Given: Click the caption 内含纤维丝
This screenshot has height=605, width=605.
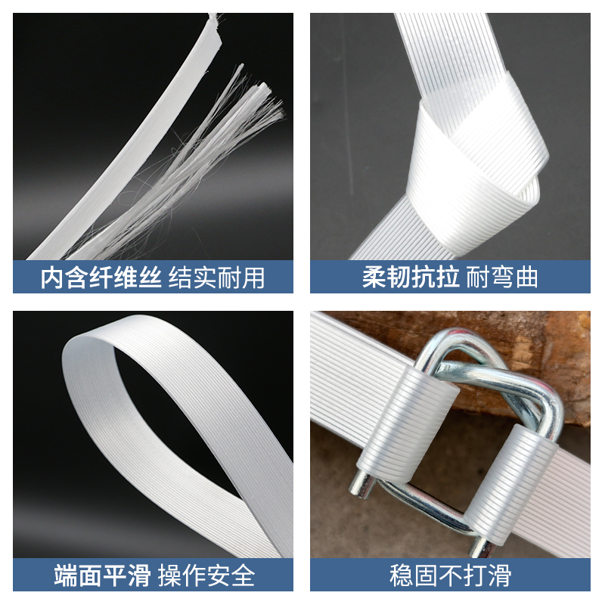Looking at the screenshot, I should (101, 277).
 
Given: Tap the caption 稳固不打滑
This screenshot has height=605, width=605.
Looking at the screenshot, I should (450, 576).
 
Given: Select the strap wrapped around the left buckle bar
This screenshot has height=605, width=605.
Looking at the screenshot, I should (420, 423).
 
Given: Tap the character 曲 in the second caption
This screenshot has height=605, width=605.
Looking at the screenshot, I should (526, 277).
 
